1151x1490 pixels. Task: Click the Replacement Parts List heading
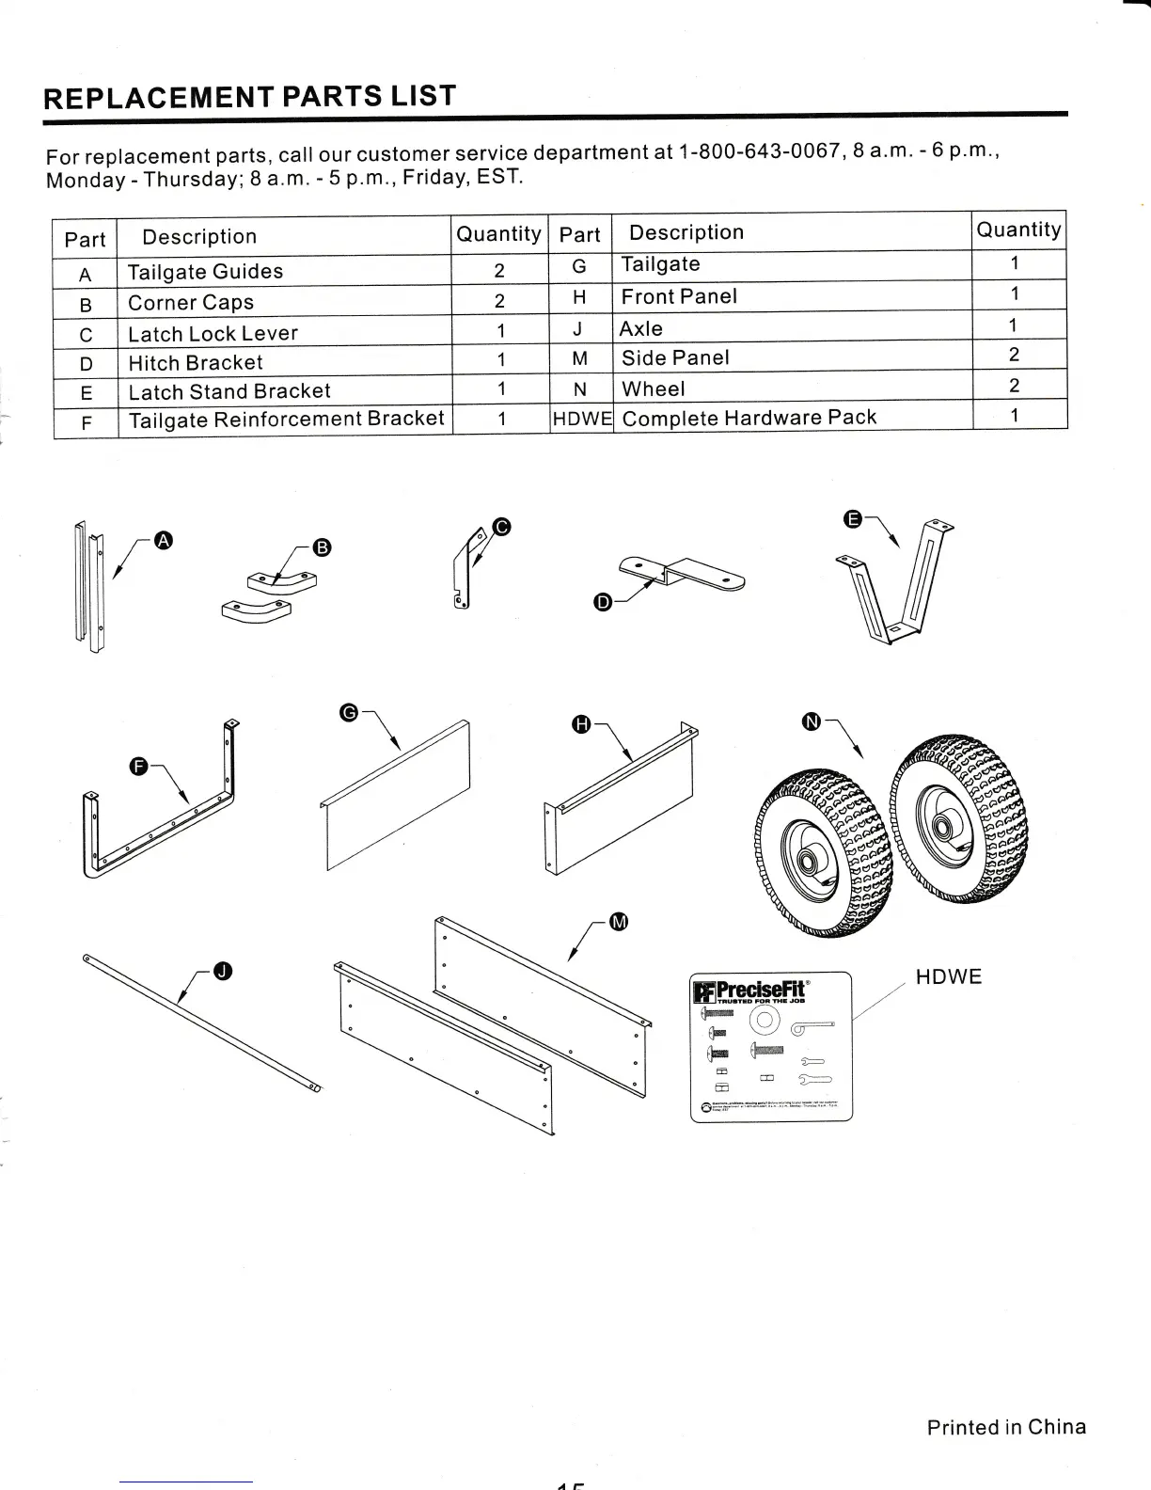click(250, 97)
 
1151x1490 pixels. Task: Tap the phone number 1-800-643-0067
click(758, 151)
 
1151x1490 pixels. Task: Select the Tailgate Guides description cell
click(205, 272)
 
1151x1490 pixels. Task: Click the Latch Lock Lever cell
click(213, 333)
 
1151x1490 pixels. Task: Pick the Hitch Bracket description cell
click(196, 362)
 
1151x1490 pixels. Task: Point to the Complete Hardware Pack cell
click(749, 418)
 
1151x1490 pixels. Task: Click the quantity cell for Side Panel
click(1015, 355)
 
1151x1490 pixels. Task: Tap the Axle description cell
click(641, 328)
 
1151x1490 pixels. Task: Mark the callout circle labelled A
click(164, 539)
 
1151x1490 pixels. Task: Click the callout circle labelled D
click(604, 603)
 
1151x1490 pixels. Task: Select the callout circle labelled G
click(348, 712)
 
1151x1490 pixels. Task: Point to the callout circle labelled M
click(618, 922)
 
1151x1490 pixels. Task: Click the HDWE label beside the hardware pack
click(948, 976)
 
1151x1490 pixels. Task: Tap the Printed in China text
click(1005, 1427)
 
